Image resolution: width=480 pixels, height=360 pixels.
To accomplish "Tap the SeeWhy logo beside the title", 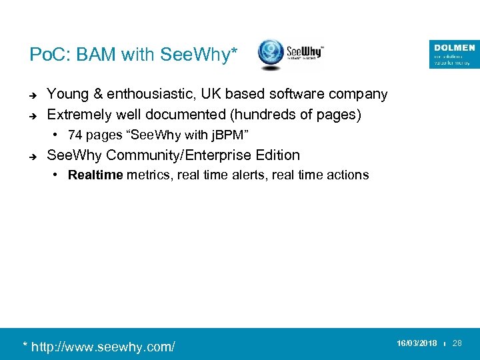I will [291, 55].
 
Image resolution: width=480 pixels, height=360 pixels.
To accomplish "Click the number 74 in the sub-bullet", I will [75, 135].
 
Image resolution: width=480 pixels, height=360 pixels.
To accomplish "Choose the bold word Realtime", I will [95, 175].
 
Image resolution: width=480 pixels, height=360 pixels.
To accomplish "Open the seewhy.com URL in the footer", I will [99, 347].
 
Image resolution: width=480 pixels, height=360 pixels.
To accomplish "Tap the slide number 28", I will [457, 343].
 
